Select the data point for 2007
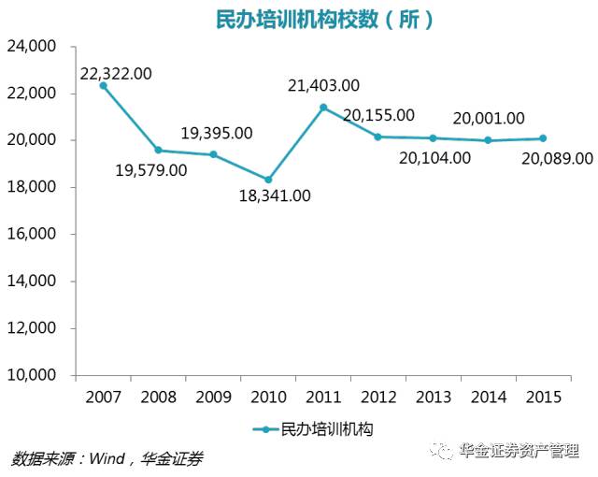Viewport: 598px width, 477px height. tap(103, 85)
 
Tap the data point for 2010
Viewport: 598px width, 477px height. tap(268, 180)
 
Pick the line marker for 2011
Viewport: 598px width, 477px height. tap(323, 107)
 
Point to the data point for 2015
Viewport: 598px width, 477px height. tap(543, 138)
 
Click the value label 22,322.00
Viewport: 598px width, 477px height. tap(117, 73)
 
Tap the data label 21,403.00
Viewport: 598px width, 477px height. tap(323, 86)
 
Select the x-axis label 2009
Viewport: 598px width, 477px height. tap(213, 397)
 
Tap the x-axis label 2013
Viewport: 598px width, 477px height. tap(433, 397)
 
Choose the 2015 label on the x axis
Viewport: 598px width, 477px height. tap(543, 397)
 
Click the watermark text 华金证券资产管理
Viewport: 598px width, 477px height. tap(520, 452)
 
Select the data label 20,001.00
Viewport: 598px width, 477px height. tap(489, 119)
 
